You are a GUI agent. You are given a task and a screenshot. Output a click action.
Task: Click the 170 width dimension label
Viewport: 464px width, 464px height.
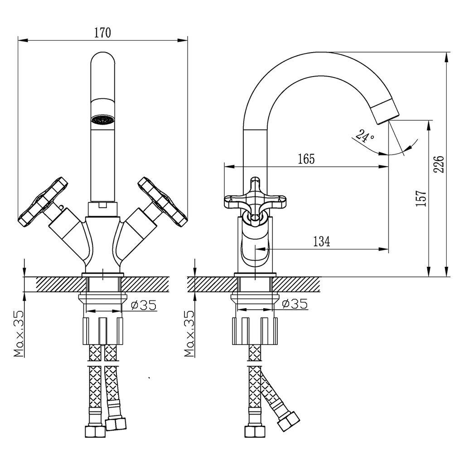pyautogui.click(x=103, y=33)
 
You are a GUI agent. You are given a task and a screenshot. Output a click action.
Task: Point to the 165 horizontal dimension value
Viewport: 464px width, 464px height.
pyautogui.click(x=306, y=159)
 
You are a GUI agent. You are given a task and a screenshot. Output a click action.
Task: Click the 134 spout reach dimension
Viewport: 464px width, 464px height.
pyautogui.click(x=322, y=242)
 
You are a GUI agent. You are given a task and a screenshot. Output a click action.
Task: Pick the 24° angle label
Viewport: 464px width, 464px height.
pyautogui.click(x=365, y=136)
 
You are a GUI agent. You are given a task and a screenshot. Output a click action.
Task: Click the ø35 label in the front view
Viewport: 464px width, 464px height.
pyautogui.click(x=144, y=305)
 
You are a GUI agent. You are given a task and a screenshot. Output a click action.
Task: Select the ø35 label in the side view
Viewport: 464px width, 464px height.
pyautogui.click(x=295, y=304)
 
